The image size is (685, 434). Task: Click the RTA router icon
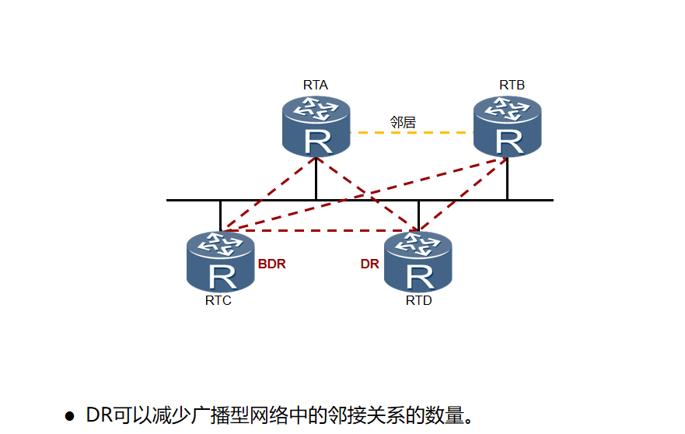pyautogui.click(x=316, y=127)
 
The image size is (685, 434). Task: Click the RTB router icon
pyautogui.click(x=508, y=127)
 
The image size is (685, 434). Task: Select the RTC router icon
pyautogui.click(x=221, y=261)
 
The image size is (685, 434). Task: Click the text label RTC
pyautogui.click(x=218, y=301)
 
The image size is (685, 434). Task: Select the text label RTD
pyautogui.click(x=418, y=301)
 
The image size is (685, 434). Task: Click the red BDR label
pyautogui.click(x=272, y=264)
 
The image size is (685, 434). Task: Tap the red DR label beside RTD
pyautogui.click(x=369, y=264)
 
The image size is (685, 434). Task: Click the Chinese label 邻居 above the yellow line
pyautogui.click(x=403, y=122)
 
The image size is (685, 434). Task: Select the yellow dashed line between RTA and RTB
pyautogui.click(x=412, y=133)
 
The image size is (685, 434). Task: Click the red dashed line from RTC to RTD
pyautogui.click(x=319, y=230)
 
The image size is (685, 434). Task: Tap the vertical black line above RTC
pyautogui.click(x=220, y=214)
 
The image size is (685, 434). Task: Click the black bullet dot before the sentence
pyautogui.click(x=69, y=415)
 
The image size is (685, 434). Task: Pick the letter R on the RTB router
pyautogui.click(x=509, y=142)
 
